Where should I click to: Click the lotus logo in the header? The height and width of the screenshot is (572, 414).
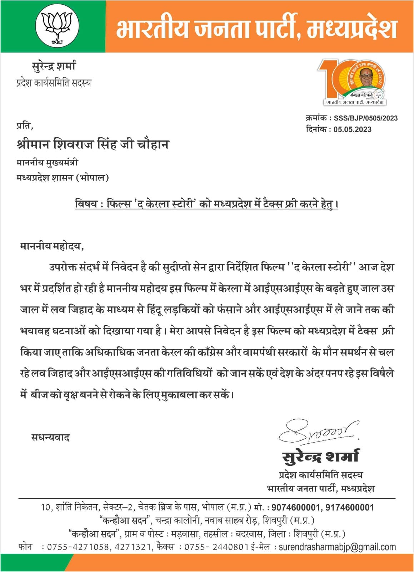tap(57, 27)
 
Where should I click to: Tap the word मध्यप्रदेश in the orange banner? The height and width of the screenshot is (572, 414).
tap(352, 29)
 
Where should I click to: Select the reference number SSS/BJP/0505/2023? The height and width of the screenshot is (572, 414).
tap(365, 118)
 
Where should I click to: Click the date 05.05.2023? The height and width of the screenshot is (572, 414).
tap(352, 129)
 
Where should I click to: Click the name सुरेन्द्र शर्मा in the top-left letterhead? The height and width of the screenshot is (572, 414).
tap(54, 66)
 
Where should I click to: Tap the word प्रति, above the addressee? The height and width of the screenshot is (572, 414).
tap(25, 125)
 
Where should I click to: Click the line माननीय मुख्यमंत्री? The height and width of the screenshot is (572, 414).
tap(47, 163)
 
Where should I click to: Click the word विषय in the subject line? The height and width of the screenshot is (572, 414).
tap(86, 204)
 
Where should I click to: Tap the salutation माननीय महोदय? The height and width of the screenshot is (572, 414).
tap(52, 246)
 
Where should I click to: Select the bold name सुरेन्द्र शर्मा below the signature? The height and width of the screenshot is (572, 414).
tap(320, 457)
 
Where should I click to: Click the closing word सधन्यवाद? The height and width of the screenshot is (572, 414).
tap(50, 438)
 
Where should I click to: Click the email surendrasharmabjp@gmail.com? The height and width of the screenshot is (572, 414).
tap(337, 547)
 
